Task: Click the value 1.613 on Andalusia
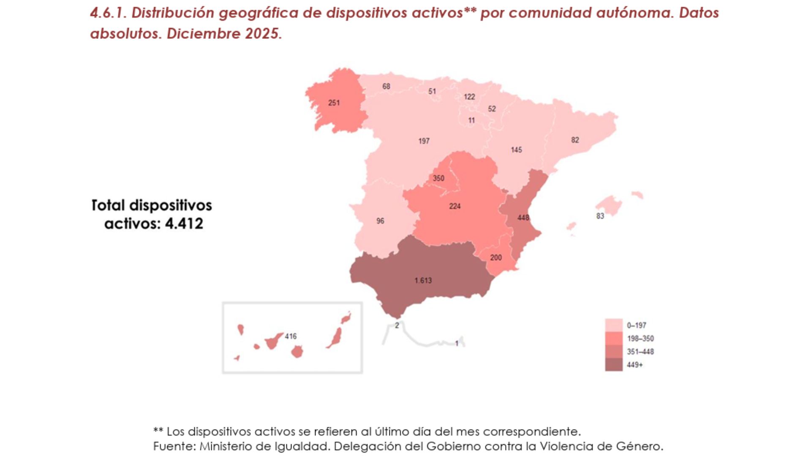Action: (x=423, y=280)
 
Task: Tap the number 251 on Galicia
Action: (x=334, y=103)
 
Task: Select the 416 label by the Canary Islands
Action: (x=291, y=336)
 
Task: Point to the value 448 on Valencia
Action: (x=523, y=217)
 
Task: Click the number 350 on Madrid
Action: (x=438, y=178)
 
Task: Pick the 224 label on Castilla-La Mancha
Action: (x=454, y=206)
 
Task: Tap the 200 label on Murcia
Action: (x=496, y=258)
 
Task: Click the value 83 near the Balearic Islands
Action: (x=600, y=216)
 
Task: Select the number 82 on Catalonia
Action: (x=575, y=140)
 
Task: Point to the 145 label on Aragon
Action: (x=516, y=150)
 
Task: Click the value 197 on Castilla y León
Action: (x=424, y=141)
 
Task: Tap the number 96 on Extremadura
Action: (x=380, y=221)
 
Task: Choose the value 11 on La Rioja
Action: (x=471, y=120)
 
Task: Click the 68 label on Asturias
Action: (x=386, y=86)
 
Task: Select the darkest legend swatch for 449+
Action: (x=614, y=365)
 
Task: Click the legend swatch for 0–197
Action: (x=614, y=325)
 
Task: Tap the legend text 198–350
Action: (x=640, y=339)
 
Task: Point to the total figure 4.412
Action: (x=184, y=223)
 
